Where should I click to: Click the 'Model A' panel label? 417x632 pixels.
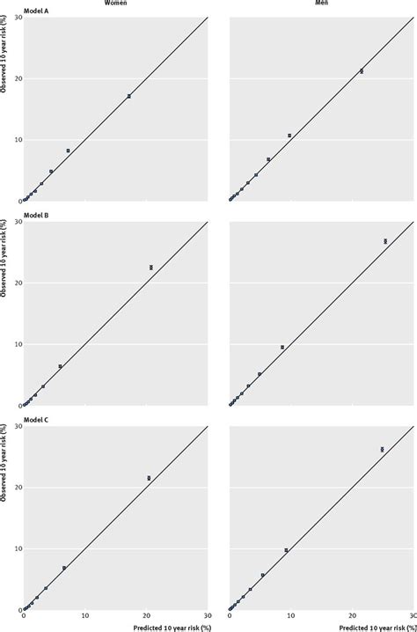click(x=36, y=11)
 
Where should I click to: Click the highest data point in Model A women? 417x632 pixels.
click(x=129, y=96)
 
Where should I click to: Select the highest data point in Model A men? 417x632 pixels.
click(x=362, y=70)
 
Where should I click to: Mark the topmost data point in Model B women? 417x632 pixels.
click(x=151, y=267)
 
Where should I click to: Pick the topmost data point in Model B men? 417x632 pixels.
click(x=385, y=240)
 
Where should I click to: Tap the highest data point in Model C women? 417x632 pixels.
click(x=149, y=478)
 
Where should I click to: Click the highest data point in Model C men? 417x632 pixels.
click(x=382, y=449)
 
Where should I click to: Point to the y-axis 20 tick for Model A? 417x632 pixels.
click(x=16, y=78)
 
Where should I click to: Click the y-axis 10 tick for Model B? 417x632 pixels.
click(x=16, y=344)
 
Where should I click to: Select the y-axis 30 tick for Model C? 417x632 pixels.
click(x=16, y=426)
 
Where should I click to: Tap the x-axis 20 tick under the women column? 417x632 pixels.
click(x=146, y=617)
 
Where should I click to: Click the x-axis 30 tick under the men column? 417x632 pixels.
click(x=412, y=617)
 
